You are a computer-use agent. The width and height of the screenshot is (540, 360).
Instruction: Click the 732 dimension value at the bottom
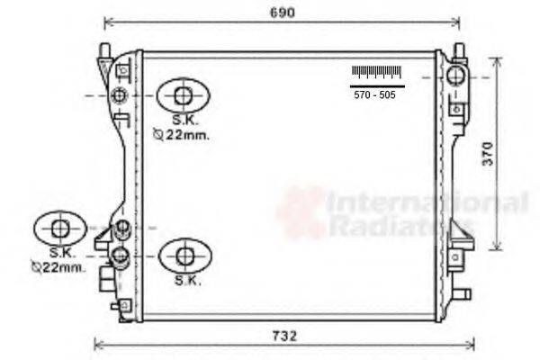pos(284,336)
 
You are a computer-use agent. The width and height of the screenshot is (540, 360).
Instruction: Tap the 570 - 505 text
pos(374,93)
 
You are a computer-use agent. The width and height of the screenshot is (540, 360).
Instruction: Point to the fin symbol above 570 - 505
pos(374,72)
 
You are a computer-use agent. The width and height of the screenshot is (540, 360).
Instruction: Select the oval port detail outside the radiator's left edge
pos(60,228)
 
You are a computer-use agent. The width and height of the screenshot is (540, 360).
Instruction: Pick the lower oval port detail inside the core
pos(184,256)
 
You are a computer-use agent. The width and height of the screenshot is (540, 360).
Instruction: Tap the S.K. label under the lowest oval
pos(187,280)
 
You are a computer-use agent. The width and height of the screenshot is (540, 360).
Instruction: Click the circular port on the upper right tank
pos(456,74)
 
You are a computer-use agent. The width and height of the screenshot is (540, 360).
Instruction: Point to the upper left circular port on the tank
pos(120,94)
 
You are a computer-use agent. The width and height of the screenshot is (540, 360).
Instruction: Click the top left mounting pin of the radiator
pos(105,48)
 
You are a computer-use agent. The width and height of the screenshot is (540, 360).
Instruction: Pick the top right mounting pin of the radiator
pos(457,49)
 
